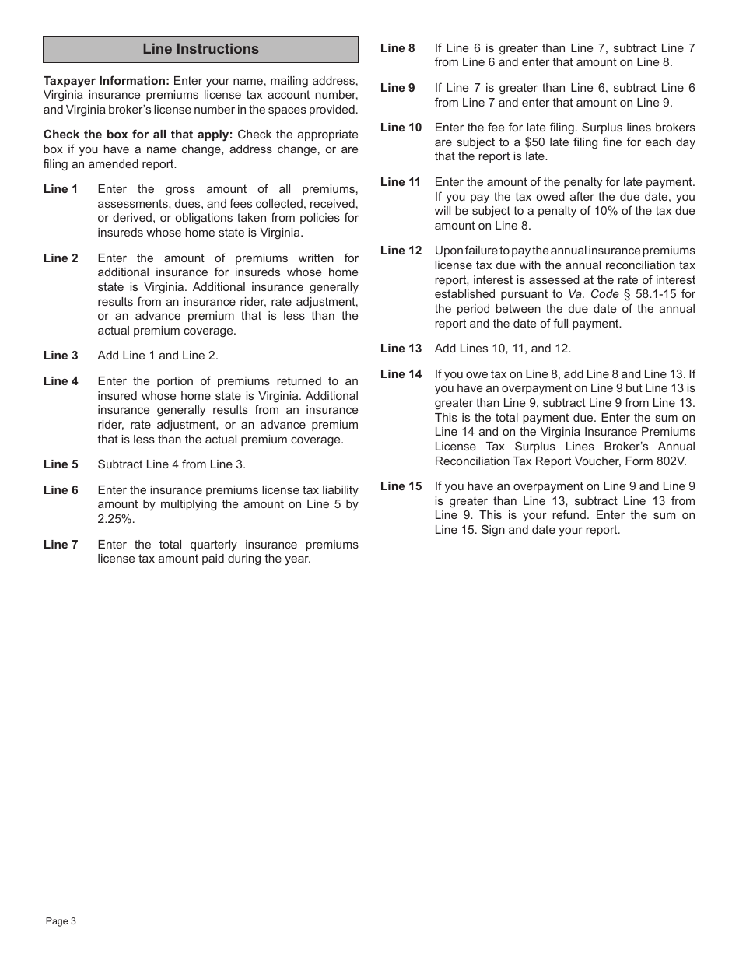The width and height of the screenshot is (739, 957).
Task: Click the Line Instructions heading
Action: click(x=201, y=49)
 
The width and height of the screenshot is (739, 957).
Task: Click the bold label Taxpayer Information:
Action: click(x=107, y=81)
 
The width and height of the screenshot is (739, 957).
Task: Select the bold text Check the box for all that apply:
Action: click(x=138, y=135)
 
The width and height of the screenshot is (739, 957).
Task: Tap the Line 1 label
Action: click(x=61, y=189)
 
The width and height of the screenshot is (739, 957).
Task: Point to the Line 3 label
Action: click(x=61, y=356)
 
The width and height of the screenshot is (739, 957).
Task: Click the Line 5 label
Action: click(x=61, y=464)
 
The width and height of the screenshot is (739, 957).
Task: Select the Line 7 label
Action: click(x=61, y=545)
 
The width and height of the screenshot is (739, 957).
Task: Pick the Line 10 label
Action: click(x=401, y=128)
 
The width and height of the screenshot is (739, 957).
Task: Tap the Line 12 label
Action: click(x=401, y=251)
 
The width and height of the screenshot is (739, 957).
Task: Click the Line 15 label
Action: click(x=401, y=486)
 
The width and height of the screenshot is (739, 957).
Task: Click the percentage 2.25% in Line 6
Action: click(x=116, y=519)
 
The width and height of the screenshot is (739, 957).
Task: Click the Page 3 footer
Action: click(x=61, y=921)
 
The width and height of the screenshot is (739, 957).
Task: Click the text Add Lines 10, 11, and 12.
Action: click(x=503, y=349)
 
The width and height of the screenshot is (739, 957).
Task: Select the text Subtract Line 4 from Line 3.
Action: click(x=171, y=464)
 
